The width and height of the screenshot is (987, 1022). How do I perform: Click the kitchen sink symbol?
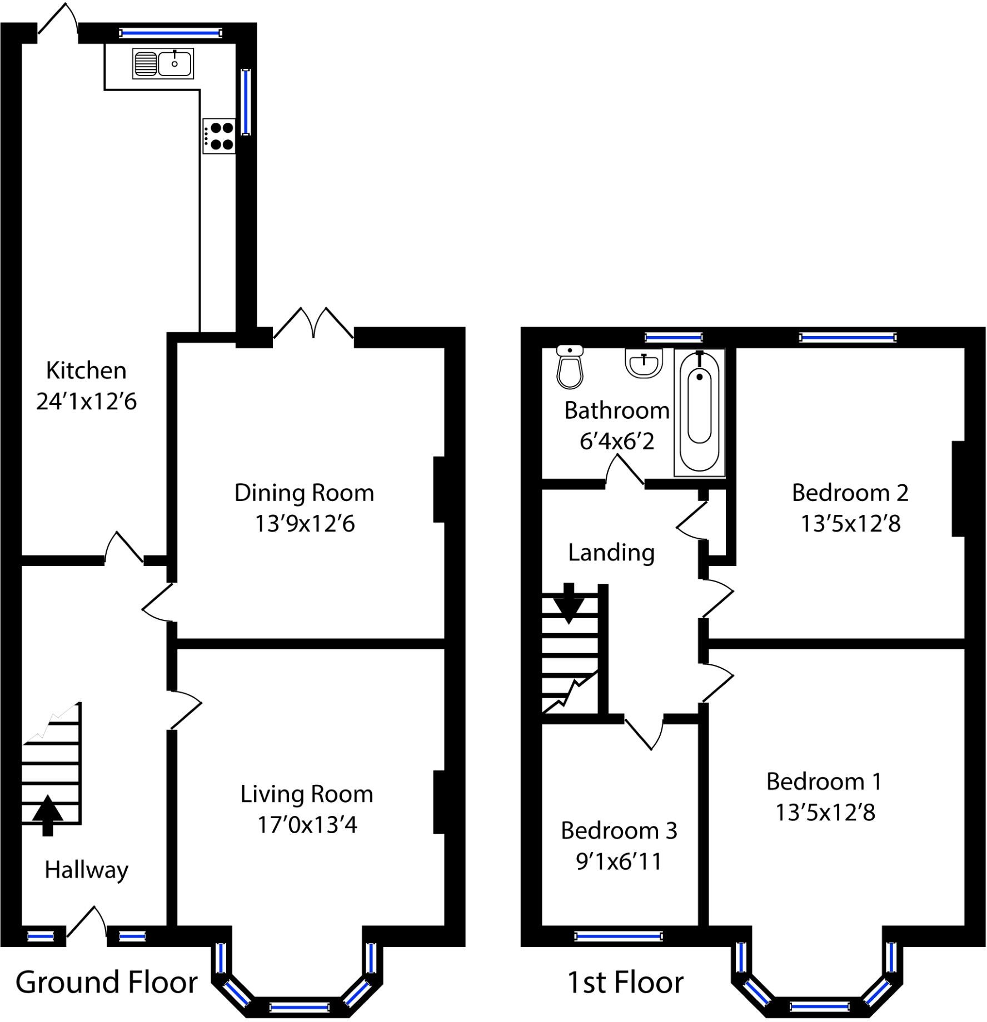point(163,63)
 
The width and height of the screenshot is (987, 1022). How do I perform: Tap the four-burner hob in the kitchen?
point(219,136)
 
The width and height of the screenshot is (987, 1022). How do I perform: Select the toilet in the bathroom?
point(570,367)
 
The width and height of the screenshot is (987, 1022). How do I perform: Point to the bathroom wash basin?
point(644,363)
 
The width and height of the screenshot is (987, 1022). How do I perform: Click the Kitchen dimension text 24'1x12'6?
point(86,402)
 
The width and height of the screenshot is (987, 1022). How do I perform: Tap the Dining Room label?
point(304,493)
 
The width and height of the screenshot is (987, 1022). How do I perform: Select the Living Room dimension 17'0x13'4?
point(307,825)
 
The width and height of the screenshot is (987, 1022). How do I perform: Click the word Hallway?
point(86,870)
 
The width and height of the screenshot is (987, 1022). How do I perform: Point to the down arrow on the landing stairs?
point(569,603)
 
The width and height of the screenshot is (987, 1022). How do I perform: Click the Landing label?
point(611,553)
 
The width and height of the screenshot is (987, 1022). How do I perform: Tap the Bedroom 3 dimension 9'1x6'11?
point(619,861)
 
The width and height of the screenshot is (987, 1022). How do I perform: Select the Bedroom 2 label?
point(850,493)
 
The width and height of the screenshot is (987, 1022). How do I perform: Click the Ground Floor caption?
point(106,983)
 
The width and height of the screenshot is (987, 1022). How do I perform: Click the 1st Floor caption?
point(625,983)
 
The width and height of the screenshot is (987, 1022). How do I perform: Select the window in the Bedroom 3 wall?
point(618,937)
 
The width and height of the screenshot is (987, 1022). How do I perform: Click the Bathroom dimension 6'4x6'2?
point(617,442)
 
